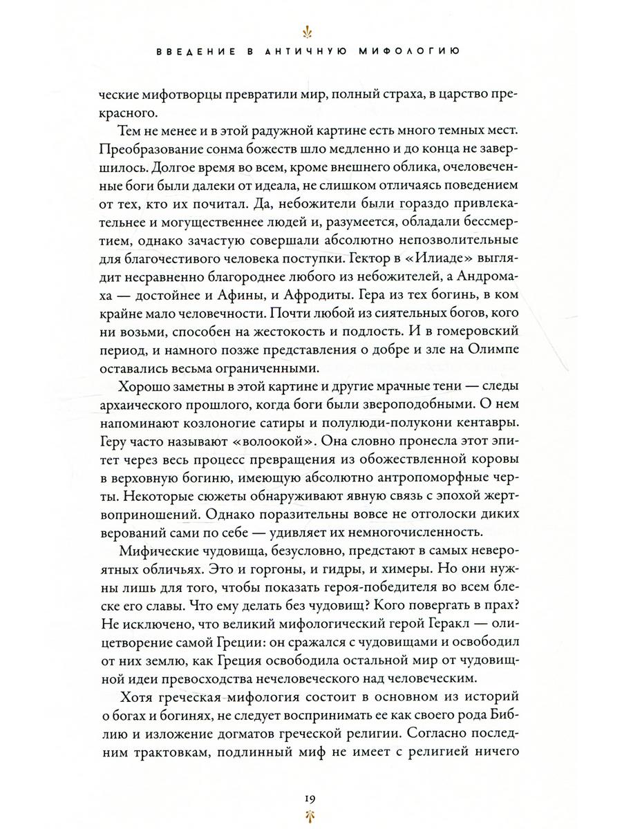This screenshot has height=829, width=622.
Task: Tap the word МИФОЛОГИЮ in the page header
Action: (413, 51)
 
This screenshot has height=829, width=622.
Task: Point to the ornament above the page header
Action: (310, 32)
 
